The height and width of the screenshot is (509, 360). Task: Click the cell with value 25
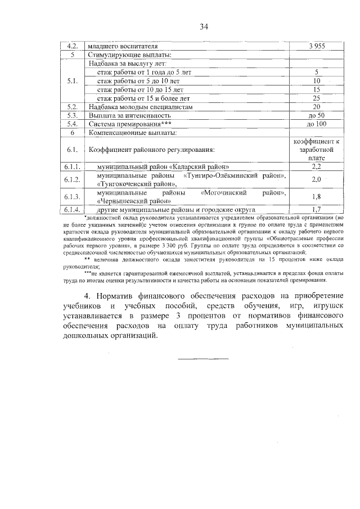[x=316, y=98]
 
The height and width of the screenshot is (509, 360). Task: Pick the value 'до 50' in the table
[x=316, y=115]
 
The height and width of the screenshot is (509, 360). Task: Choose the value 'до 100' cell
[x=316, y=124]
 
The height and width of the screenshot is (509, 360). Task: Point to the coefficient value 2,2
[x=316, y=168]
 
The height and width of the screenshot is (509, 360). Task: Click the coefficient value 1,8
[x=316, y=197]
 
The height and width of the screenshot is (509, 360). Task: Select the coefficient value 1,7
[x=316, y=209]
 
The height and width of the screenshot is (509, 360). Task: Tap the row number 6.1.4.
[x=72, y=209]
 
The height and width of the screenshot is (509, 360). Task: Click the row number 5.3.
[x=72, y=115]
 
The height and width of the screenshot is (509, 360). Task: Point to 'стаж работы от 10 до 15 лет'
[x=141, y=89]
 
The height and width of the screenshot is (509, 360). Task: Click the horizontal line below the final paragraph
[x=204, y=358]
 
